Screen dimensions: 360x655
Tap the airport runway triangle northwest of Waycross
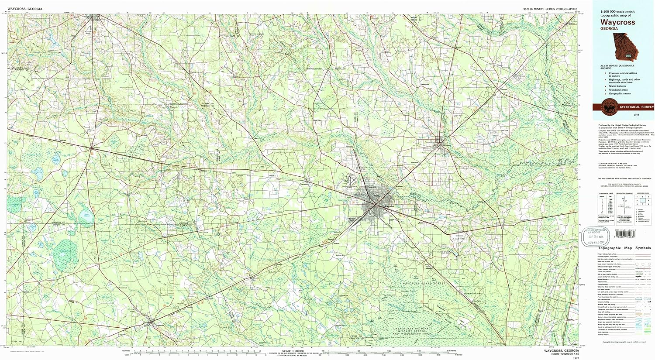click(352, 181)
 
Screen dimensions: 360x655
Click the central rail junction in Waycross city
click(375, 203)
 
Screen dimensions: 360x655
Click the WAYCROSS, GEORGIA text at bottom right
click(562, 351)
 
